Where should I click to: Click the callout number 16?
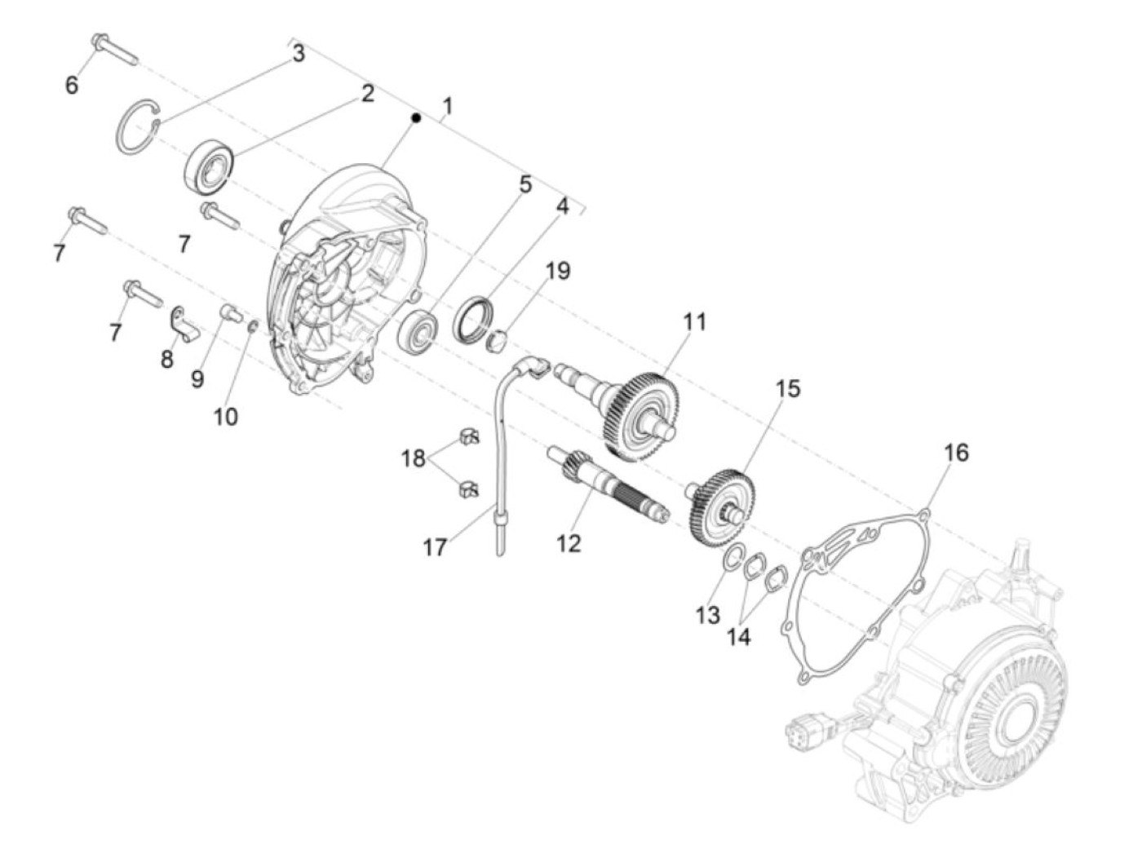coord(956,452)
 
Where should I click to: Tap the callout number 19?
coord(558,271)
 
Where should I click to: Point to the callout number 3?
coord(299,54)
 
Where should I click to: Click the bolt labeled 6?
coord(114,48)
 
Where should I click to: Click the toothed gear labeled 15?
coord(723,506)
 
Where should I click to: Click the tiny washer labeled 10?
coord(253,327)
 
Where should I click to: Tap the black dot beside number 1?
coord(416,118)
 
